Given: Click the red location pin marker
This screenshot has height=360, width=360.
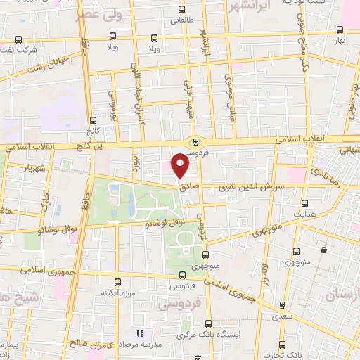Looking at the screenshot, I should pyautogui.click(x=181, y=166).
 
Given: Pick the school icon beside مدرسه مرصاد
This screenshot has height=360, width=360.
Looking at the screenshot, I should pyautogui.click(x=140, y=333).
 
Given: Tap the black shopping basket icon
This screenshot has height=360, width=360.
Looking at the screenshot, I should pyautogui.click(x=323, y=250).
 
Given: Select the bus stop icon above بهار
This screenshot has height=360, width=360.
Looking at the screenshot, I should pyautogui.click(x=340, y=30).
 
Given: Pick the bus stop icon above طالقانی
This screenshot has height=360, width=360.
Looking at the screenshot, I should pyautogui.click(x=182, y=10).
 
